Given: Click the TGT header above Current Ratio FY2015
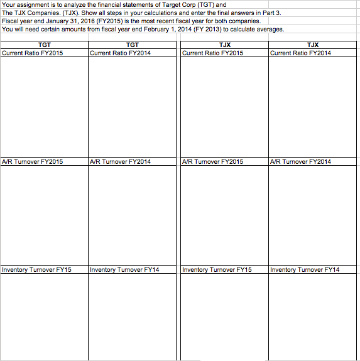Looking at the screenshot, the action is tap(45, 45).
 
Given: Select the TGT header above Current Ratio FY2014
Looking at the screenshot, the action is tap(133, 45).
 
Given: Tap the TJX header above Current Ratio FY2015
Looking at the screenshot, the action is tap(224, 45).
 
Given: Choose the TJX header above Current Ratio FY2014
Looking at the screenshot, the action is tap(312, 45).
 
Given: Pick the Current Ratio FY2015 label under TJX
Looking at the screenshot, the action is tap(212, 53).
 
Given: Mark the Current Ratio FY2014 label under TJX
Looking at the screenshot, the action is tap(300, 53).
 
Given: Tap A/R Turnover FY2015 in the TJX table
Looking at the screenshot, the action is tap(212, 161).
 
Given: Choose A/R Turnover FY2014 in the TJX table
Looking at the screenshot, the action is tap(300, 161).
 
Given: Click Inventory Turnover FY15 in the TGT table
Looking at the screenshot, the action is tap(37, 269).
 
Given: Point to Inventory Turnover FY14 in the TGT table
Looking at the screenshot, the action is tap(125, 269).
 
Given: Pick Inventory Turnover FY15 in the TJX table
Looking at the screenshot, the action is tap(217, 269).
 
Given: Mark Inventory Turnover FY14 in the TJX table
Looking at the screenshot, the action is tap(305, 269).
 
